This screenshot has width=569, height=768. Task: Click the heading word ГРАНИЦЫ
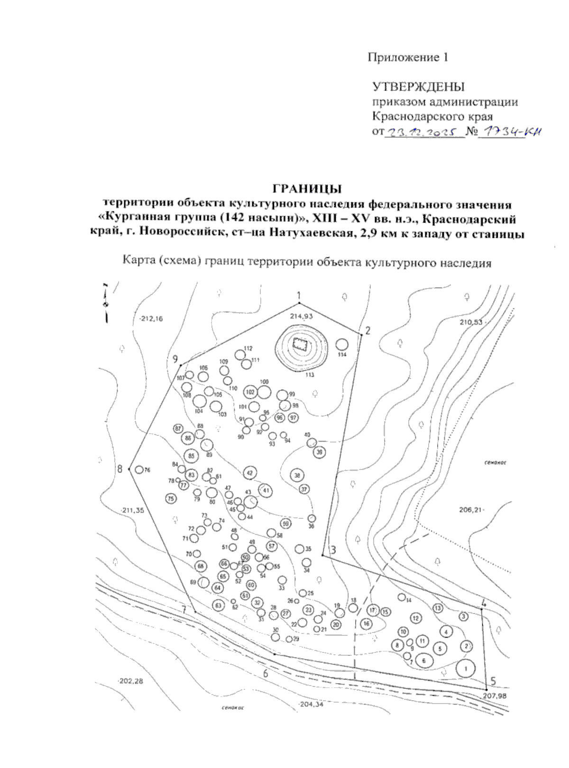click(307, 189)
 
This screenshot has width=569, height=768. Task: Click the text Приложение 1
click(407, 58)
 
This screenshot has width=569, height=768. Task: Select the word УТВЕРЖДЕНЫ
click(418, 87)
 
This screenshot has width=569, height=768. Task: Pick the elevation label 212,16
click(151, 319)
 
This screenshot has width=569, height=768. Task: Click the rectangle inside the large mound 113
click(300, 344)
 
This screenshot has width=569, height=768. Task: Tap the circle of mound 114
click(342, 344)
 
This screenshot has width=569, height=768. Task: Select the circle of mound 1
click(466, 668)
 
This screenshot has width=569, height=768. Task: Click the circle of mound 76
click(139, 470)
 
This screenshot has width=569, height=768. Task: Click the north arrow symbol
click(106, 304)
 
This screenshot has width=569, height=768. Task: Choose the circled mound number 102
click(250, 392)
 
